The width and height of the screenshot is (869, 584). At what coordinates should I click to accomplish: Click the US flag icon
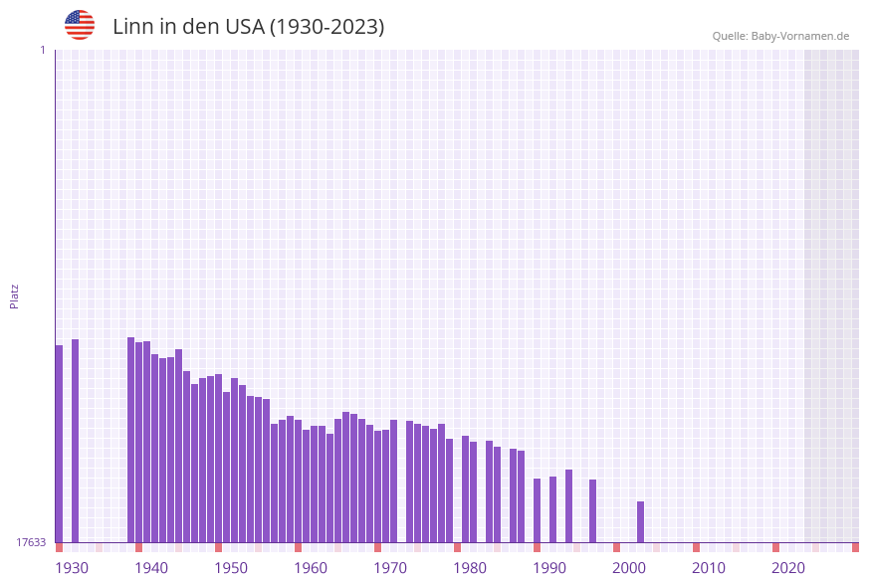pos(80,25)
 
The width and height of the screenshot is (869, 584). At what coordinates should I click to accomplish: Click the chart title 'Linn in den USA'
pos(248,27)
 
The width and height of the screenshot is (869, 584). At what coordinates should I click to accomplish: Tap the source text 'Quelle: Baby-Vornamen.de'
pos(780,36)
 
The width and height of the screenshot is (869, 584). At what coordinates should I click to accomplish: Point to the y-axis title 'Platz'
pos(15,295)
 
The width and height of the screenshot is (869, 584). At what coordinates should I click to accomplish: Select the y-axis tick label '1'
pos(42,50)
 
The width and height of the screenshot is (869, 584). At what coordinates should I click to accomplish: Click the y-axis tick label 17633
pos(31,542)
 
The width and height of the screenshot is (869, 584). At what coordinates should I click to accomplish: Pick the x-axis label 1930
pos(72,568)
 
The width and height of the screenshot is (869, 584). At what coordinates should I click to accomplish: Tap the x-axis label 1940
pos(151,568)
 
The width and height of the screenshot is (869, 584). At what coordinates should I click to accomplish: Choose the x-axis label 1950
pos(231,568)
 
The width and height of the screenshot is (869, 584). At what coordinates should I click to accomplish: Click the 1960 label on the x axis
pos(311,568)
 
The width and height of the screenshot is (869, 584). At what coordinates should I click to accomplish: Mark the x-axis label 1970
pos(390,568)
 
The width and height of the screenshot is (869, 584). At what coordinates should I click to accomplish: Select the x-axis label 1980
pos(470,568)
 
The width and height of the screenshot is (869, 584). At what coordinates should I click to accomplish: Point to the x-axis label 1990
pos(549,568)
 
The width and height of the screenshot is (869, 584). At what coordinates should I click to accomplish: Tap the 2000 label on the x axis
pos(629,568)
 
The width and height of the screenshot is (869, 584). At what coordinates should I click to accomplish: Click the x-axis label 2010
pos(709,568)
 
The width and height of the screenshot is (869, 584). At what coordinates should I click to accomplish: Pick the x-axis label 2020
pos(788,568)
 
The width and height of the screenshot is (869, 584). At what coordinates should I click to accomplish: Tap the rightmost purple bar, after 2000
pos(640,521)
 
